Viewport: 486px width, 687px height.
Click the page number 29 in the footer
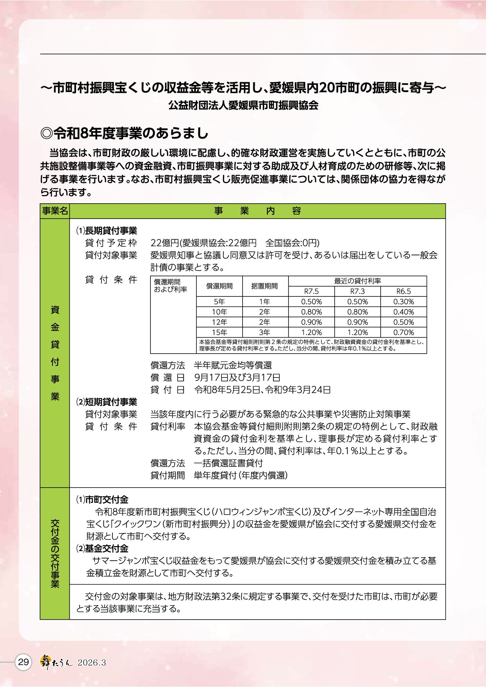point(24,662)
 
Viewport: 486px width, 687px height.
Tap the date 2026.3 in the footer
point(92,663)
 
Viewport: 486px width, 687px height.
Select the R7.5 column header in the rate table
point(311,291)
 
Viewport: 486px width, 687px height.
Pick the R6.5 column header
point(403,291)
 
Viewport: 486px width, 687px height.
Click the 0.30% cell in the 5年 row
point(403,302)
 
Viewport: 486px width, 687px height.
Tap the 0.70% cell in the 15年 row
point(403,332)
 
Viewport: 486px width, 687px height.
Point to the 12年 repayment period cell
point(219,322)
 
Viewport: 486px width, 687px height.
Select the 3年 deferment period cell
point(265,332)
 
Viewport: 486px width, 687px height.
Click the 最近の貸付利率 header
point(357,281)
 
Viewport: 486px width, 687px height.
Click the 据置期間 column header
point(265,286)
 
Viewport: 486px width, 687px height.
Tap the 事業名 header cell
point(55,211)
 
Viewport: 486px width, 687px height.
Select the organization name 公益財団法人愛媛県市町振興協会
point(243,105)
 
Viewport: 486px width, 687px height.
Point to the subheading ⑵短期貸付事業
point(106,401)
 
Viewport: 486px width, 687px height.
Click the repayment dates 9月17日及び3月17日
point(237,378)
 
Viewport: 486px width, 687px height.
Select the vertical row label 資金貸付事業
point(55,353)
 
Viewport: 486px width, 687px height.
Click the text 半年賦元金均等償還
point(233,365)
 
